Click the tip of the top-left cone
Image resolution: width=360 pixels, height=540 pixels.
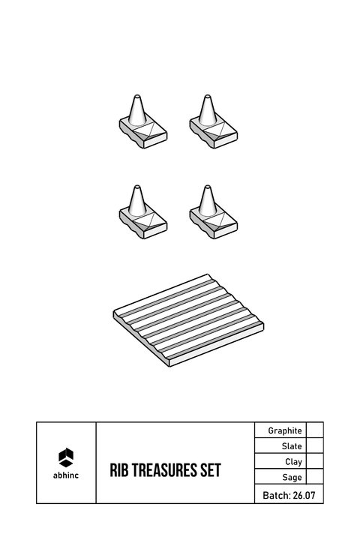[137, 95]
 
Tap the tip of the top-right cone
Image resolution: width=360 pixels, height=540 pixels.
[207, 95]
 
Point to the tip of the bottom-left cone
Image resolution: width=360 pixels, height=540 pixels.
[137, 186]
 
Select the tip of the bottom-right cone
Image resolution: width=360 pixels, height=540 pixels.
[207, 186]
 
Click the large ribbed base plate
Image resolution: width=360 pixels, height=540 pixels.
[189, 320]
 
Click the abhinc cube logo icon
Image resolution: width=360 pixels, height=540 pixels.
[66, 457]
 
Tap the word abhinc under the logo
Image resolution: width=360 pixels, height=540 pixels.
[66, 475]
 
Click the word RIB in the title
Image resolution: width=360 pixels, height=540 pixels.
[118, 470]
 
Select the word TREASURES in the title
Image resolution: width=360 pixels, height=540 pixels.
[166, 470]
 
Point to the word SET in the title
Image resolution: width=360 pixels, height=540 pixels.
[211, 470]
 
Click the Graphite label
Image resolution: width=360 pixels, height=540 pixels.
[285, 430]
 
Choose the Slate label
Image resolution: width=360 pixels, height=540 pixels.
[292, 446]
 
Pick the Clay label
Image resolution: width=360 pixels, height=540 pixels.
[293, 462]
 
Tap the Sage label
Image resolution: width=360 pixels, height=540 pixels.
[292, 477]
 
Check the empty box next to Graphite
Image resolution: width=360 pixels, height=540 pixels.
[315, 430]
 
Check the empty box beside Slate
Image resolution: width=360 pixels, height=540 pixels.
[315, 445]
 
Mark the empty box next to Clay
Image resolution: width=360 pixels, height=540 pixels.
[315, 461]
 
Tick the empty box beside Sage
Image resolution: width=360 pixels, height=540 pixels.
[315, 477]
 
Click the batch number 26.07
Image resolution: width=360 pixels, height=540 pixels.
[304, 496]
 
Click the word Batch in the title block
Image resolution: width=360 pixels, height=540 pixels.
[277, 496]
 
